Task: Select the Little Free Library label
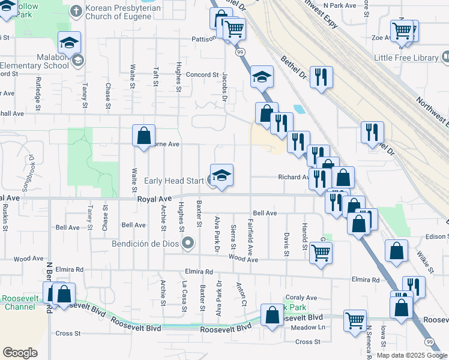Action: (x=406, y=58)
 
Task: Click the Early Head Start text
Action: (x=175, y=179)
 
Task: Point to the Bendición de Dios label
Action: (x=145, y=244)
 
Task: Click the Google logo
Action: (x=20, y=352)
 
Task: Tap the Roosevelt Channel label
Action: (x=19, y=302)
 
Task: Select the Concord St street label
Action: (x=202, y=75)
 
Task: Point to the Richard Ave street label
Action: (x=292, y=177)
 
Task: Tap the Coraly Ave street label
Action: (x=301, y=298)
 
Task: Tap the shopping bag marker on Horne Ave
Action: (x=144, y=136)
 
